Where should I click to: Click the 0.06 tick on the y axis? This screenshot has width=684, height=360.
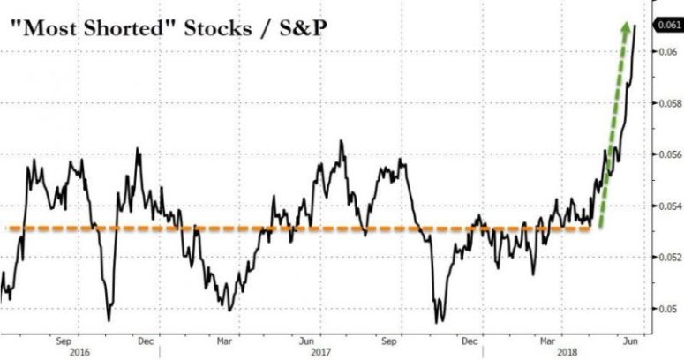666,53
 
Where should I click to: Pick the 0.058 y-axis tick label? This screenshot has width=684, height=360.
668,104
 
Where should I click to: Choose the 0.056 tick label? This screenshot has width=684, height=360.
668,155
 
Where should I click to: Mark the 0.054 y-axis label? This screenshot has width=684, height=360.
668,206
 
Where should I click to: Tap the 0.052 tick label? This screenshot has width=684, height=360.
668,258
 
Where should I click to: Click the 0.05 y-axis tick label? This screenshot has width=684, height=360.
666,309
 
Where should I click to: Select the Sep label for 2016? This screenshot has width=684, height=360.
63,339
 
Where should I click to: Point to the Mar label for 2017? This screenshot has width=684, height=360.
225,339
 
